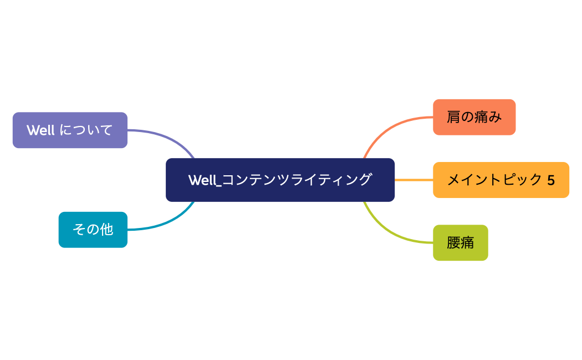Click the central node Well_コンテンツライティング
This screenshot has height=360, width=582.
tap(280, 180)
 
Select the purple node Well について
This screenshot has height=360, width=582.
tap(70, 130)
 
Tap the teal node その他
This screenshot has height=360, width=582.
tap(93, 230)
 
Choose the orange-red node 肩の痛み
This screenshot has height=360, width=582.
tap(474, 117)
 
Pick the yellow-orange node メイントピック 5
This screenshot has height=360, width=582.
tap(501, 180)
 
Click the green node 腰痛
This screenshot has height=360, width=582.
tap(460, 242)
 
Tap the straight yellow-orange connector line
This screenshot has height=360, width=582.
tap(413, 180)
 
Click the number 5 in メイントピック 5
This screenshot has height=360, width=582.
tap(550, 180)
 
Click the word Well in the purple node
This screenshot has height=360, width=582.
tap(40, 130)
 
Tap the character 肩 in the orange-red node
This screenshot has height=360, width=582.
tap(453, 117)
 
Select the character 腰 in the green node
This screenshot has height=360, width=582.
tap(453, 242)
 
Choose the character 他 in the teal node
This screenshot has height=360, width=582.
tap(106, 230)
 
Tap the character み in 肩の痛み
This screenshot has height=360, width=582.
tap(495, 117)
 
